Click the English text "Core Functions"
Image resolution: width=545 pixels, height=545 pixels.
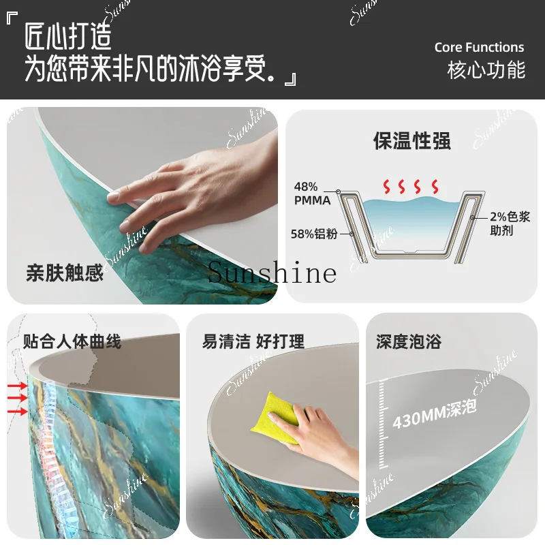coord(479,48)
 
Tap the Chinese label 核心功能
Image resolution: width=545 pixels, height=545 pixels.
coord(486,70)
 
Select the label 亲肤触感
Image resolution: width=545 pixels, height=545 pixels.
coord(65,273)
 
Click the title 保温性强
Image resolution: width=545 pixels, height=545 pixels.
coord(411,141)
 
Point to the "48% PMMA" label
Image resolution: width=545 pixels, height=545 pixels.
coord(312,193)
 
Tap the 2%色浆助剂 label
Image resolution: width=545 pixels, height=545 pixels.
coord(510,224)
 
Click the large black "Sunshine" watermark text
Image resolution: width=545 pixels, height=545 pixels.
coord(272,273)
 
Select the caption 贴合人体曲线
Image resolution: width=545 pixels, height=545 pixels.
coord(72,341)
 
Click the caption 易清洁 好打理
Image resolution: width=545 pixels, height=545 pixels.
coord(253,341)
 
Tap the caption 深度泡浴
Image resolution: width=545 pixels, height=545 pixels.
coord(409,341)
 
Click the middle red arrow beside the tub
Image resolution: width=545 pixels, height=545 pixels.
coord(17,399)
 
